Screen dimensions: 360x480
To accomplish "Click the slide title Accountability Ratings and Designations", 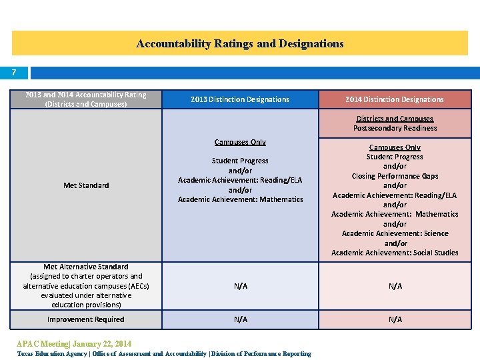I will coord(240,44).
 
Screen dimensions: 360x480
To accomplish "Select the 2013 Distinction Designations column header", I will coord(240,99).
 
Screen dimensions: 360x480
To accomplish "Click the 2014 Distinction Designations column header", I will coord(395,99).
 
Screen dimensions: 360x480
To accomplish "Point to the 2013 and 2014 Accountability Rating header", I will coord(85,99).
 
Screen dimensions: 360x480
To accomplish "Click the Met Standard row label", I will coord(86,185).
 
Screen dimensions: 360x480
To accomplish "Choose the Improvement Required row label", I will coord(85,319).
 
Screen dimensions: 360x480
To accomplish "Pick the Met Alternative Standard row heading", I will coord(86,267).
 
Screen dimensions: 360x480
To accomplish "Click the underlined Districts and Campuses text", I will coord(395,119).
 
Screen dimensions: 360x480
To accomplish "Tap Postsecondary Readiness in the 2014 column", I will coord(395,128).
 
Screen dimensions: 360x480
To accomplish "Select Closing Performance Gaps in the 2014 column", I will coord(395,176).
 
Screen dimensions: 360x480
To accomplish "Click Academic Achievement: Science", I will coord(395,233).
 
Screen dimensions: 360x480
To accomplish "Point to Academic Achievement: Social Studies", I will coord(395,253).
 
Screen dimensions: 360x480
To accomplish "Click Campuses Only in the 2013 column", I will coord(240,142).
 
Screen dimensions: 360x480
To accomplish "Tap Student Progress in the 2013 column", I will coord(240,161).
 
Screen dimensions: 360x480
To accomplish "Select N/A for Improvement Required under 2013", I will coord(241,319).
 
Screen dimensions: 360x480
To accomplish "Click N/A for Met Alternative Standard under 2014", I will coord(395,286).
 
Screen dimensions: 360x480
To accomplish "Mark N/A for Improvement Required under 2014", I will coord(395,319).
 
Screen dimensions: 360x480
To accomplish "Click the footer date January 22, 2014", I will coord(101,344).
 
